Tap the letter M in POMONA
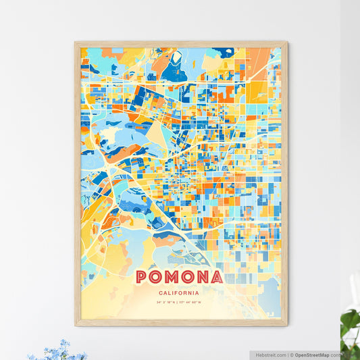point(172,278)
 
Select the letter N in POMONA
point(202,278)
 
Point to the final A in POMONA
point(216,278)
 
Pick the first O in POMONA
point(157,278)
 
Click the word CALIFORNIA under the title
point(180,293)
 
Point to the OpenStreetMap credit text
point(316,354)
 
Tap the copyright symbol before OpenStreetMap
point(292,354)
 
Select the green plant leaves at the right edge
point(351,320)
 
